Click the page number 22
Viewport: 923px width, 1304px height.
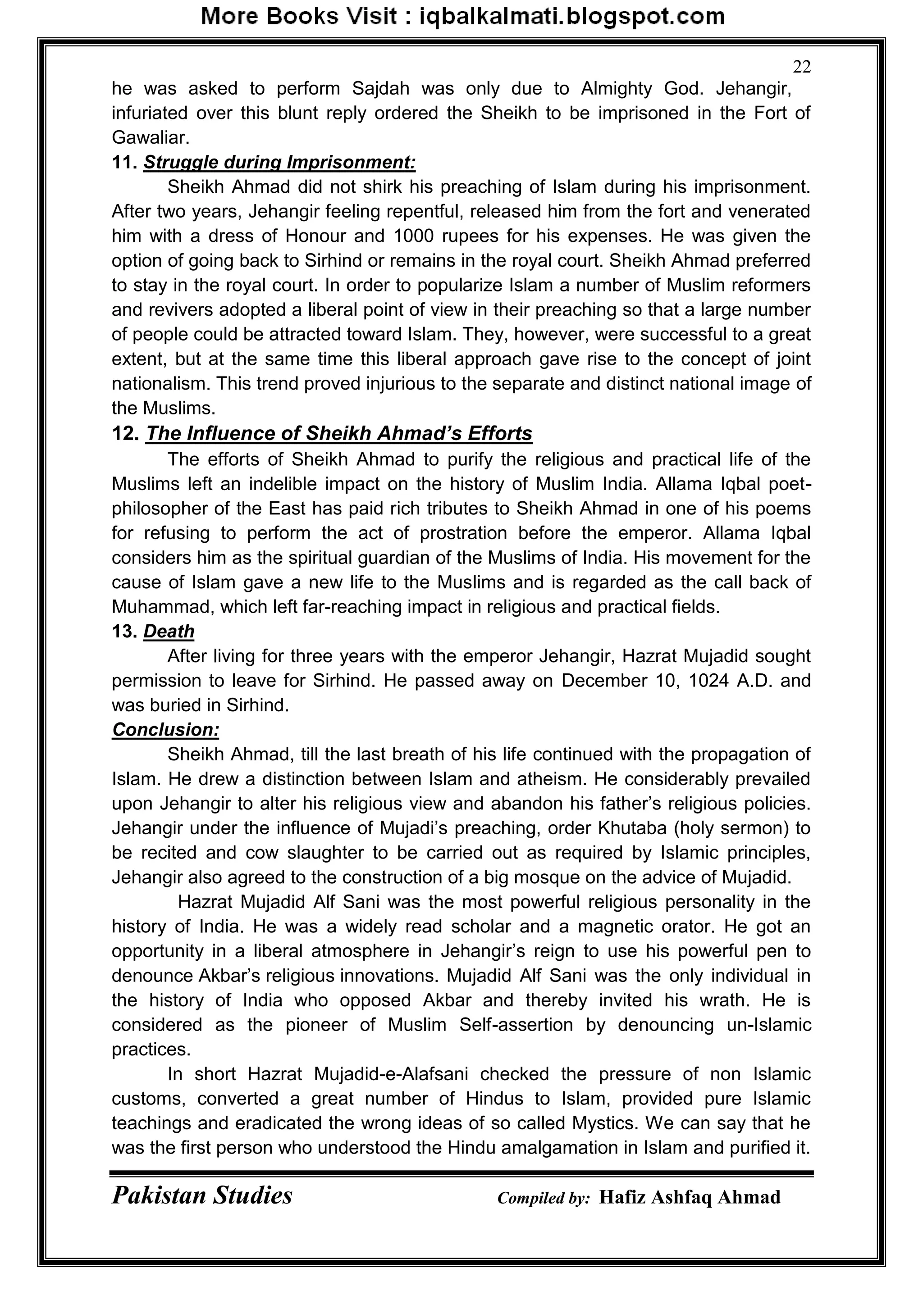click(x=801, y=67)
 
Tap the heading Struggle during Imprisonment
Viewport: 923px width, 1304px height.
click(x=279, y=163)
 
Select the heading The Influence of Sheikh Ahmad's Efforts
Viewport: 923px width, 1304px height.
click(x=339, y=433)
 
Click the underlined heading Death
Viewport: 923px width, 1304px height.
click(x=169, y=631)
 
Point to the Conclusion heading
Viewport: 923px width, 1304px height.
click(x=165, y=729)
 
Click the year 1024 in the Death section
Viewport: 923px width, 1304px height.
click(x=708, y=681)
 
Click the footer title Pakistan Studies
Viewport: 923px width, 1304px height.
click(x=202, y=1196)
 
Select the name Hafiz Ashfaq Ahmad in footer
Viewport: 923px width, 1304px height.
click(x=690, y=1197)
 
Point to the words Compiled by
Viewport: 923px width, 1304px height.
click(x=544, y=1198)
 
